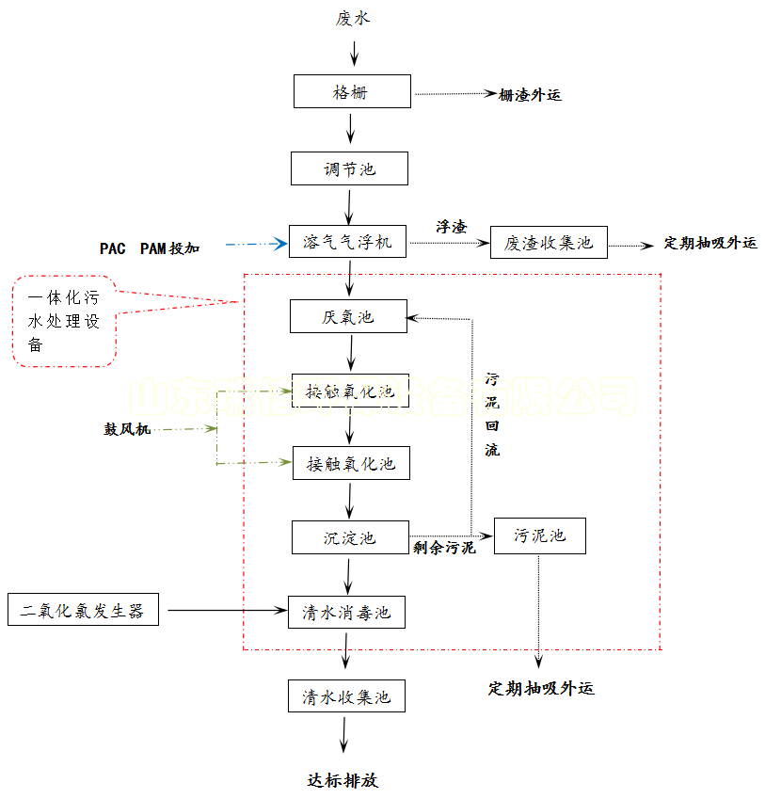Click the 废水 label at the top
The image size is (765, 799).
click(353, 18)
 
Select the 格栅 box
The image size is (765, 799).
click(351, 92)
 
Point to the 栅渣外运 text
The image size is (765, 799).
click(530, 94)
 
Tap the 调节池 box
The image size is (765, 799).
click(349, 169)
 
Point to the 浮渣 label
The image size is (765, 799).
click(451, 227)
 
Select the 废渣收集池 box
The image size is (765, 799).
click(549, 242)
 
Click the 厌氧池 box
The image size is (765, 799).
click(348, 317)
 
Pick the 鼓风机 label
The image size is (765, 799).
click(126, 430)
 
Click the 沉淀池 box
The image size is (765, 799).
click(349, 537)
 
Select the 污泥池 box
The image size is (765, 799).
click(539, 535)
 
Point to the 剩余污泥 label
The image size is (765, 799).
click(444, 548)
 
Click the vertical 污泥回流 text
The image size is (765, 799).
click(492, 415)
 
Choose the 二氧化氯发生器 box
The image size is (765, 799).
click(83, 610)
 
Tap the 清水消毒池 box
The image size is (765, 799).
click(345, 613)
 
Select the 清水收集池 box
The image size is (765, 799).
click(345, 697)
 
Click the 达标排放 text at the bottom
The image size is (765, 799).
click(343, 780)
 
